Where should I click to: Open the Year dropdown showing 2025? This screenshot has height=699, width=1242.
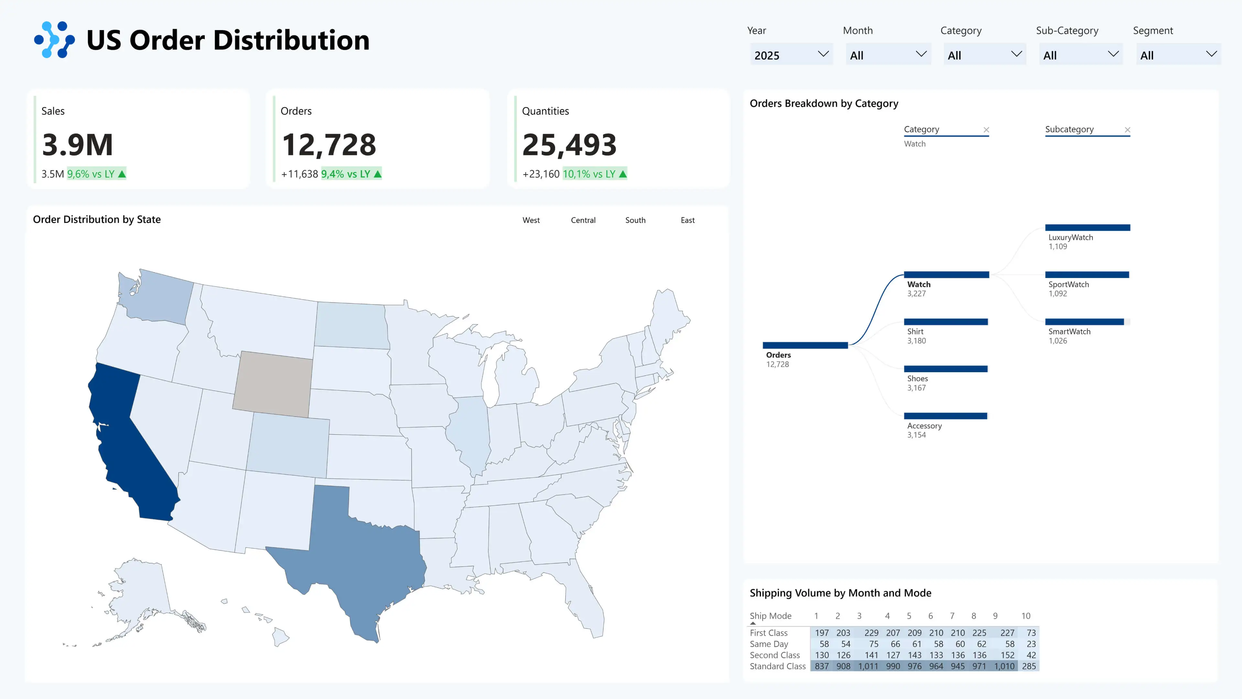click(791, 54)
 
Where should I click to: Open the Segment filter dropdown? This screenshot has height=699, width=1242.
click(1178, 54)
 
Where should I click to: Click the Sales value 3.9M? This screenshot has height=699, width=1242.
click(78, 145)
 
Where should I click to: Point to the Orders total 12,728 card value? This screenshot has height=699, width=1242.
click(329, 145)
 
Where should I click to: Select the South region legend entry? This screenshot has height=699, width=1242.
click(635, 220)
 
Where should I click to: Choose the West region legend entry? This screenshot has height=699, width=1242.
click(531, 220)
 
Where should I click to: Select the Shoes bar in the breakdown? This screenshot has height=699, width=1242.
click(945, 369)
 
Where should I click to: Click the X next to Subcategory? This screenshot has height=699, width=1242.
click(1127, 130)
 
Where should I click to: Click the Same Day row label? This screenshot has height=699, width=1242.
click(768, 644)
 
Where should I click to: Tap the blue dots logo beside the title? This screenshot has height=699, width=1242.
click(54, 39)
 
